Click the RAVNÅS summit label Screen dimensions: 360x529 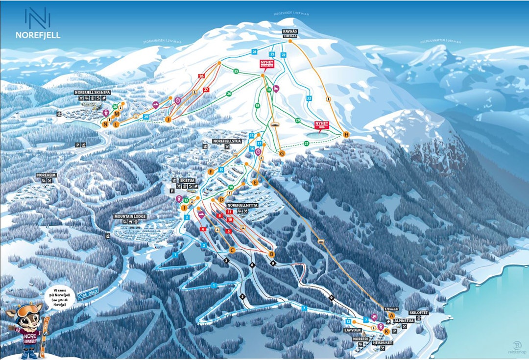(290, 32)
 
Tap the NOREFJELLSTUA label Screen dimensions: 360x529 (228, 141)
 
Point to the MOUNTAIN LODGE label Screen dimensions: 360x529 (130, 216)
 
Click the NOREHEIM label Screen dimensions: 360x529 (47, 175)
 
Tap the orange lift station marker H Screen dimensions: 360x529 (346, 134)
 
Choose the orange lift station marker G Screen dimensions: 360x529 (282, 153)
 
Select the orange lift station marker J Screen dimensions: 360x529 (168, 119)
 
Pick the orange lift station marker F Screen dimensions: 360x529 (211, 171)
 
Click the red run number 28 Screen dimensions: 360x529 (201, 76)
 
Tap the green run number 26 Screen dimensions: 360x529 (229, 94)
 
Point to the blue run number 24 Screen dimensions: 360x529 (254, 51)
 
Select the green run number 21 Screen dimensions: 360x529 (307, 144)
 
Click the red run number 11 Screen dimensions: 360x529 (229, 211)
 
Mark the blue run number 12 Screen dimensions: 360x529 (348, 321)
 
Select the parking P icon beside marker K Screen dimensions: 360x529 (394, 331)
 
